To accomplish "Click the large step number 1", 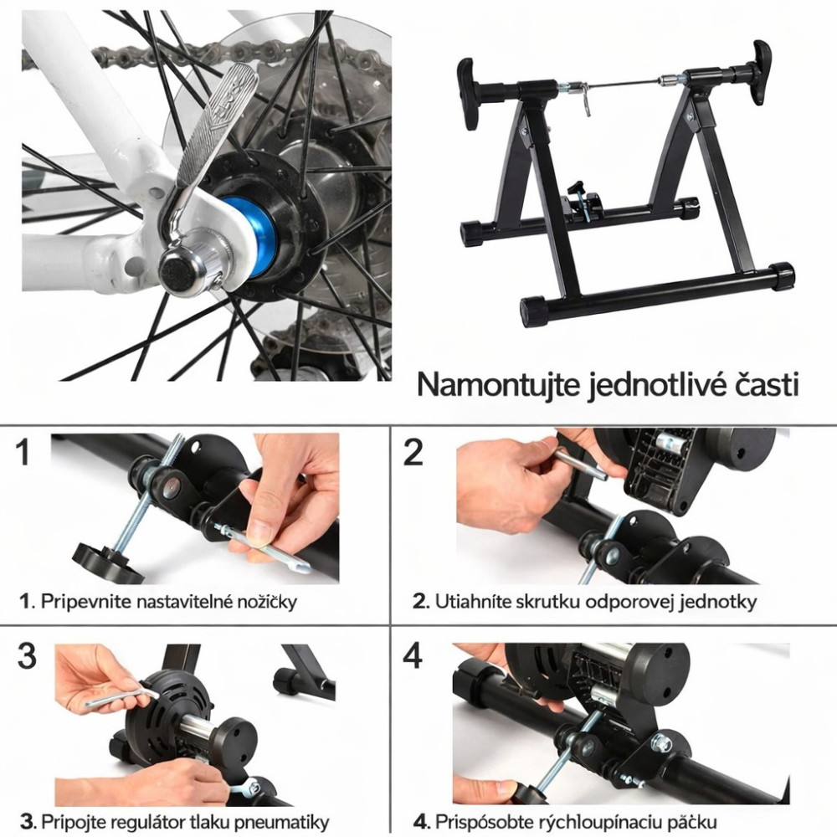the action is pos(23,453).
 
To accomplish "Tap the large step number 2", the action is pos(413,453).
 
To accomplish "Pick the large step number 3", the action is pos(27,655).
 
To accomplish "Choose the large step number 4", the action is pos(413,655).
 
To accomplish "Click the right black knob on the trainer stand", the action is pos(761,72).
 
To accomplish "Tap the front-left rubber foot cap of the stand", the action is pos(535,311).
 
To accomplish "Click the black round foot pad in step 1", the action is pos(107,563).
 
